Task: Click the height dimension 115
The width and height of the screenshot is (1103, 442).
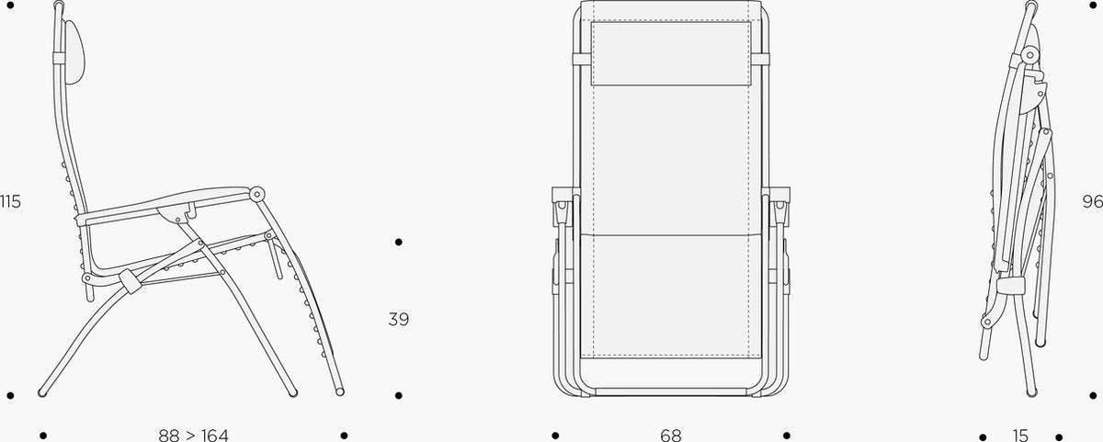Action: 10,202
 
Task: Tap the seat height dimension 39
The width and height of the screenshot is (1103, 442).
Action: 398,320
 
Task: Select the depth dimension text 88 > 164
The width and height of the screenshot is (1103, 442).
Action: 194,436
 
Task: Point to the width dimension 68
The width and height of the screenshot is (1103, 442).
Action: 671,436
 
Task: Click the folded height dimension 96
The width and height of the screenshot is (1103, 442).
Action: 1092,201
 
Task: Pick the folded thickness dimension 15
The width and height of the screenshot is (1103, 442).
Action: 1020,436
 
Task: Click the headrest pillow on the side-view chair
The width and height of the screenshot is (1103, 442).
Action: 74,52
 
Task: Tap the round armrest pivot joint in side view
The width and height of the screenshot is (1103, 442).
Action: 256,194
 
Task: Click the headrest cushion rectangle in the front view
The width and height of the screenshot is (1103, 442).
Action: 671,53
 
